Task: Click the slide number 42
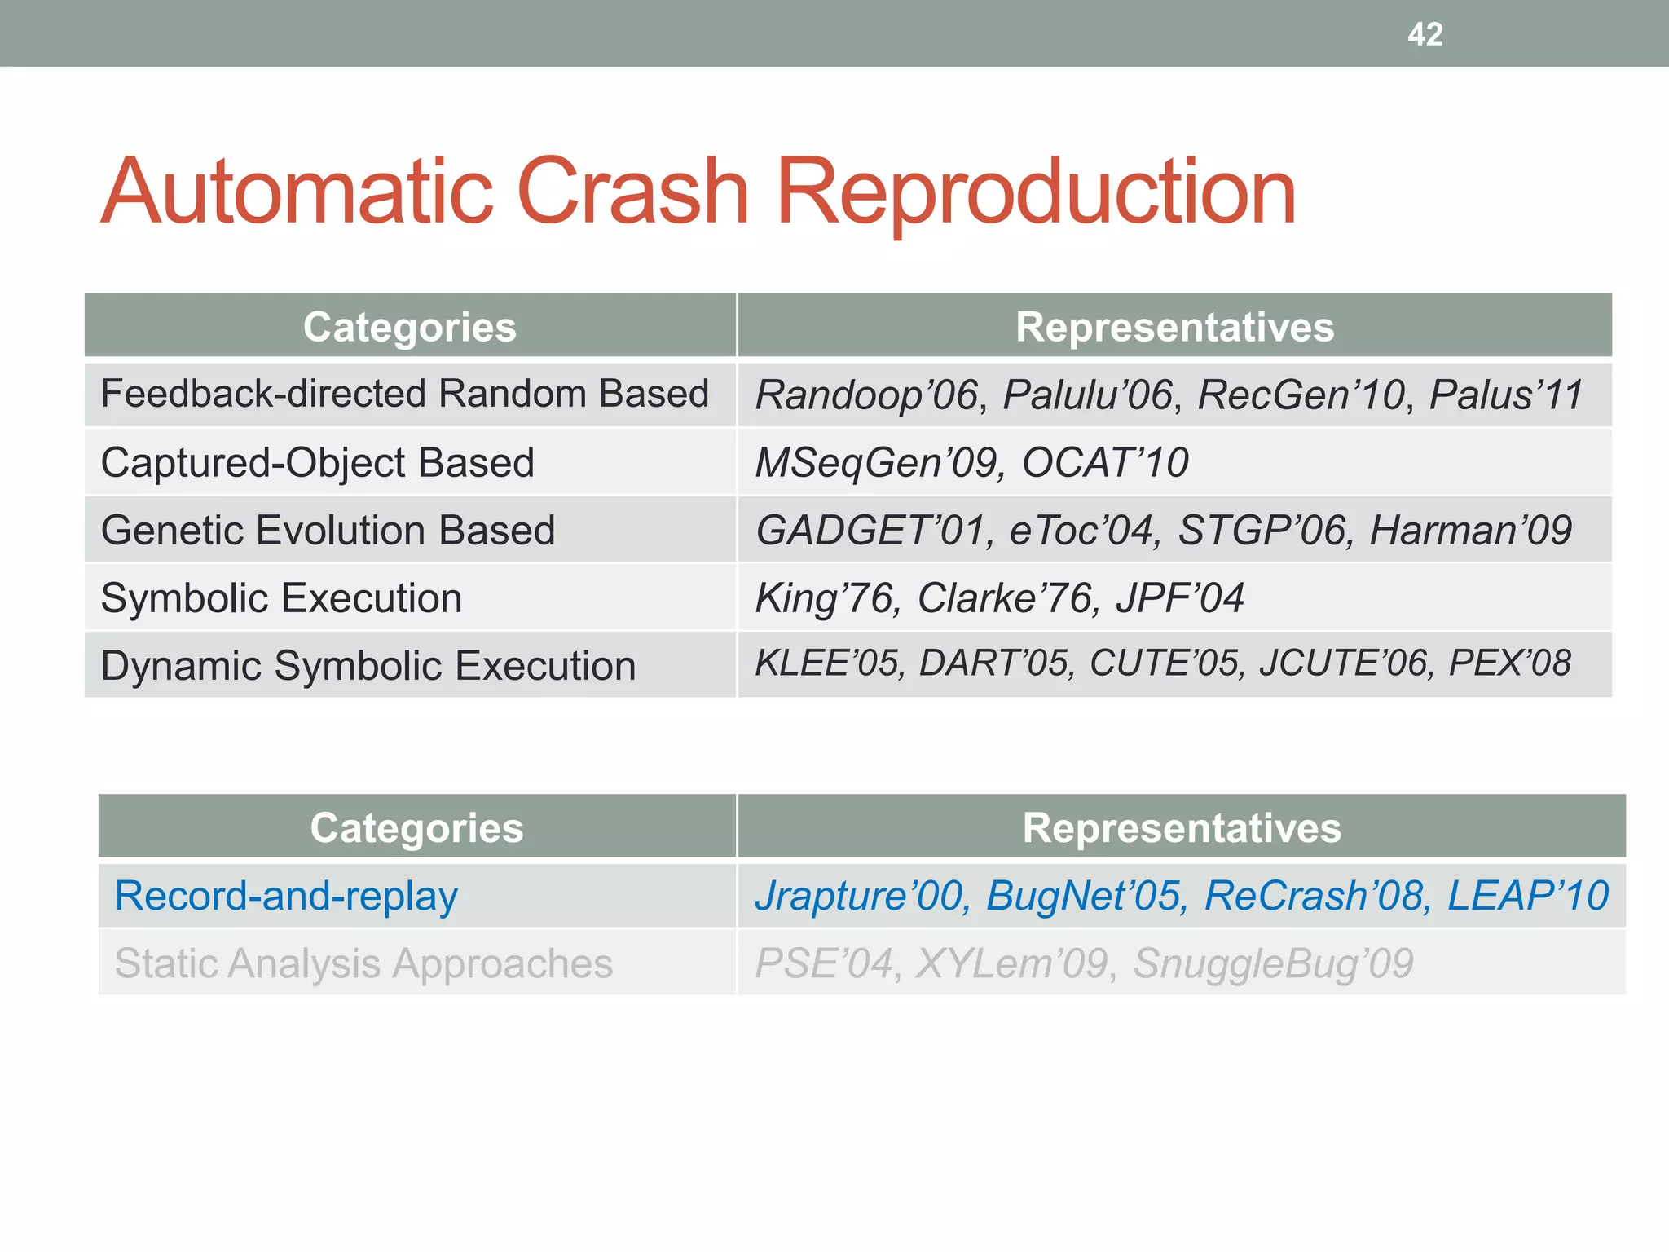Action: (x=1425, y=34)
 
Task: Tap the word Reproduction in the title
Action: (x=1035, y=194)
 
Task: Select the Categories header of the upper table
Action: (x=409, y=327)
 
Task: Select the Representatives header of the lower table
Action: (x=1181, y=828)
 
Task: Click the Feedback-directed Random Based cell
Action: (x=404, y=394)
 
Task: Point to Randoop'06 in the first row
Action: (x=866, y=395)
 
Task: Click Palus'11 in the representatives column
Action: (x=1505, y=395)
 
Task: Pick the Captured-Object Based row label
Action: (x=317, y=463)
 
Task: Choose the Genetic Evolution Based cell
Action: (x=328, y=531)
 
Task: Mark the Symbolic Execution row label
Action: (x=281, y=598)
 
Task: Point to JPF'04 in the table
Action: (x=1179, y=598)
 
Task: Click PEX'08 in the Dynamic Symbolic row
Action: (x=1508, y=663)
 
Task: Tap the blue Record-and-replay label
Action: (x=286, y=896)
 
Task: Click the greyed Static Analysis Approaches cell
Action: (x=363, y=963)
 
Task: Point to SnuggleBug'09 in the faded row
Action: (x=1272, y=963)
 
